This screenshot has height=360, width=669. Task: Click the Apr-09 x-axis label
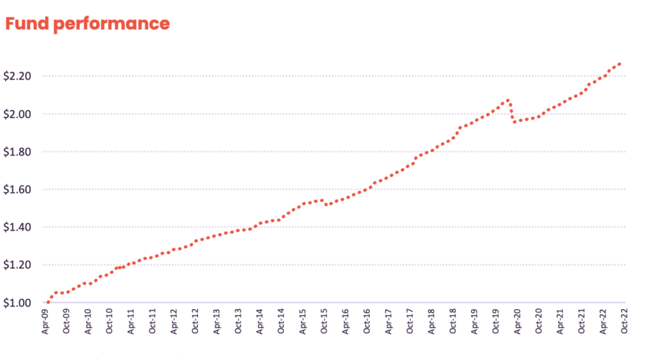[x=46, y=321]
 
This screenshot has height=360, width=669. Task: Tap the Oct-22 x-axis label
[x=624, y=321]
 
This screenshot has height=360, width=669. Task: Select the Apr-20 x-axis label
[x=517, y=321]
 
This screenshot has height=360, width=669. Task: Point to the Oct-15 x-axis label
[x=324, y=321]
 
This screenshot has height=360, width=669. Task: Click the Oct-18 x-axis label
[x=453, y=321]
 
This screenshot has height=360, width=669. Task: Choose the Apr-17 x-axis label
[x=389, y=321]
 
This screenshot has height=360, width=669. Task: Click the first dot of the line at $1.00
[x=48, y=303]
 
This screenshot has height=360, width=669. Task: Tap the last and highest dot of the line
[x=619, y=63]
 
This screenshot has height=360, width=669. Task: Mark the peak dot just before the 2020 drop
[x=508, y=100]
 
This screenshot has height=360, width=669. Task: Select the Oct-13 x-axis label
[x=238, y=321]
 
